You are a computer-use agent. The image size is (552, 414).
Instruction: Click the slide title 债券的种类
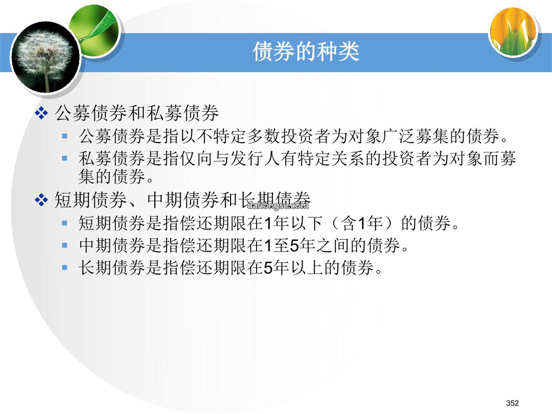click(306, 52)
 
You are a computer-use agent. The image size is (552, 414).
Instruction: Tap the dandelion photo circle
click(45, 57)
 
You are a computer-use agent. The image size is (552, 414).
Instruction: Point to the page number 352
click(512, 403)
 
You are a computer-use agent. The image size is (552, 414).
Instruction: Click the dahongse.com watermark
click(278, 205)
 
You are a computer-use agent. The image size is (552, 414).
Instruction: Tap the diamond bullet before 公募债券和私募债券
click(41, 113)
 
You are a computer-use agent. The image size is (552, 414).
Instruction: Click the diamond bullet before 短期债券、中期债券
click(41, 200)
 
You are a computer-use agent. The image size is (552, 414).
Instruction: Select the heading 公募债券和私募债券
click(136, 113)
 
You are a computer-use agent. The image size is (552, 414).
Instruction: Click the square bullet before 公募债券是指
click(64, 135)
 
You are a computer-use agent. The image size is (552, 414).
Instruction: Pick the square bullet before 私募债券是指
click(64, 158)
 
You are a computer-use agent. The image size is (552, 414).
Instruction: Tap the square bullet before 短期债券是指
click(64, 223)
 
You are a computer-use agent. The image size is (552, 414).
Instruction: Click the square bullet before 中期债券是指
click(64, 245)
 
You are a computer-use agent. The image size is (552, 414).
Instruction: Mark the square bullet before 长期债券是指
click(64, 267)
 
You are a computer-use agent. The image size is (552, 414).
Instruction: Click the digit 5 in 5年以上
click(268, 268)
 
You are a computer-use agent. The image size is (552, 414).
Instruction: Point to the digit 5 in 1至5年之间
click(295, 245)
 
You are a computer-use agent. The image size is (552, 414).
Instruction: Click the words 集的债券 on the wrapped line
click(112, 176)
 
